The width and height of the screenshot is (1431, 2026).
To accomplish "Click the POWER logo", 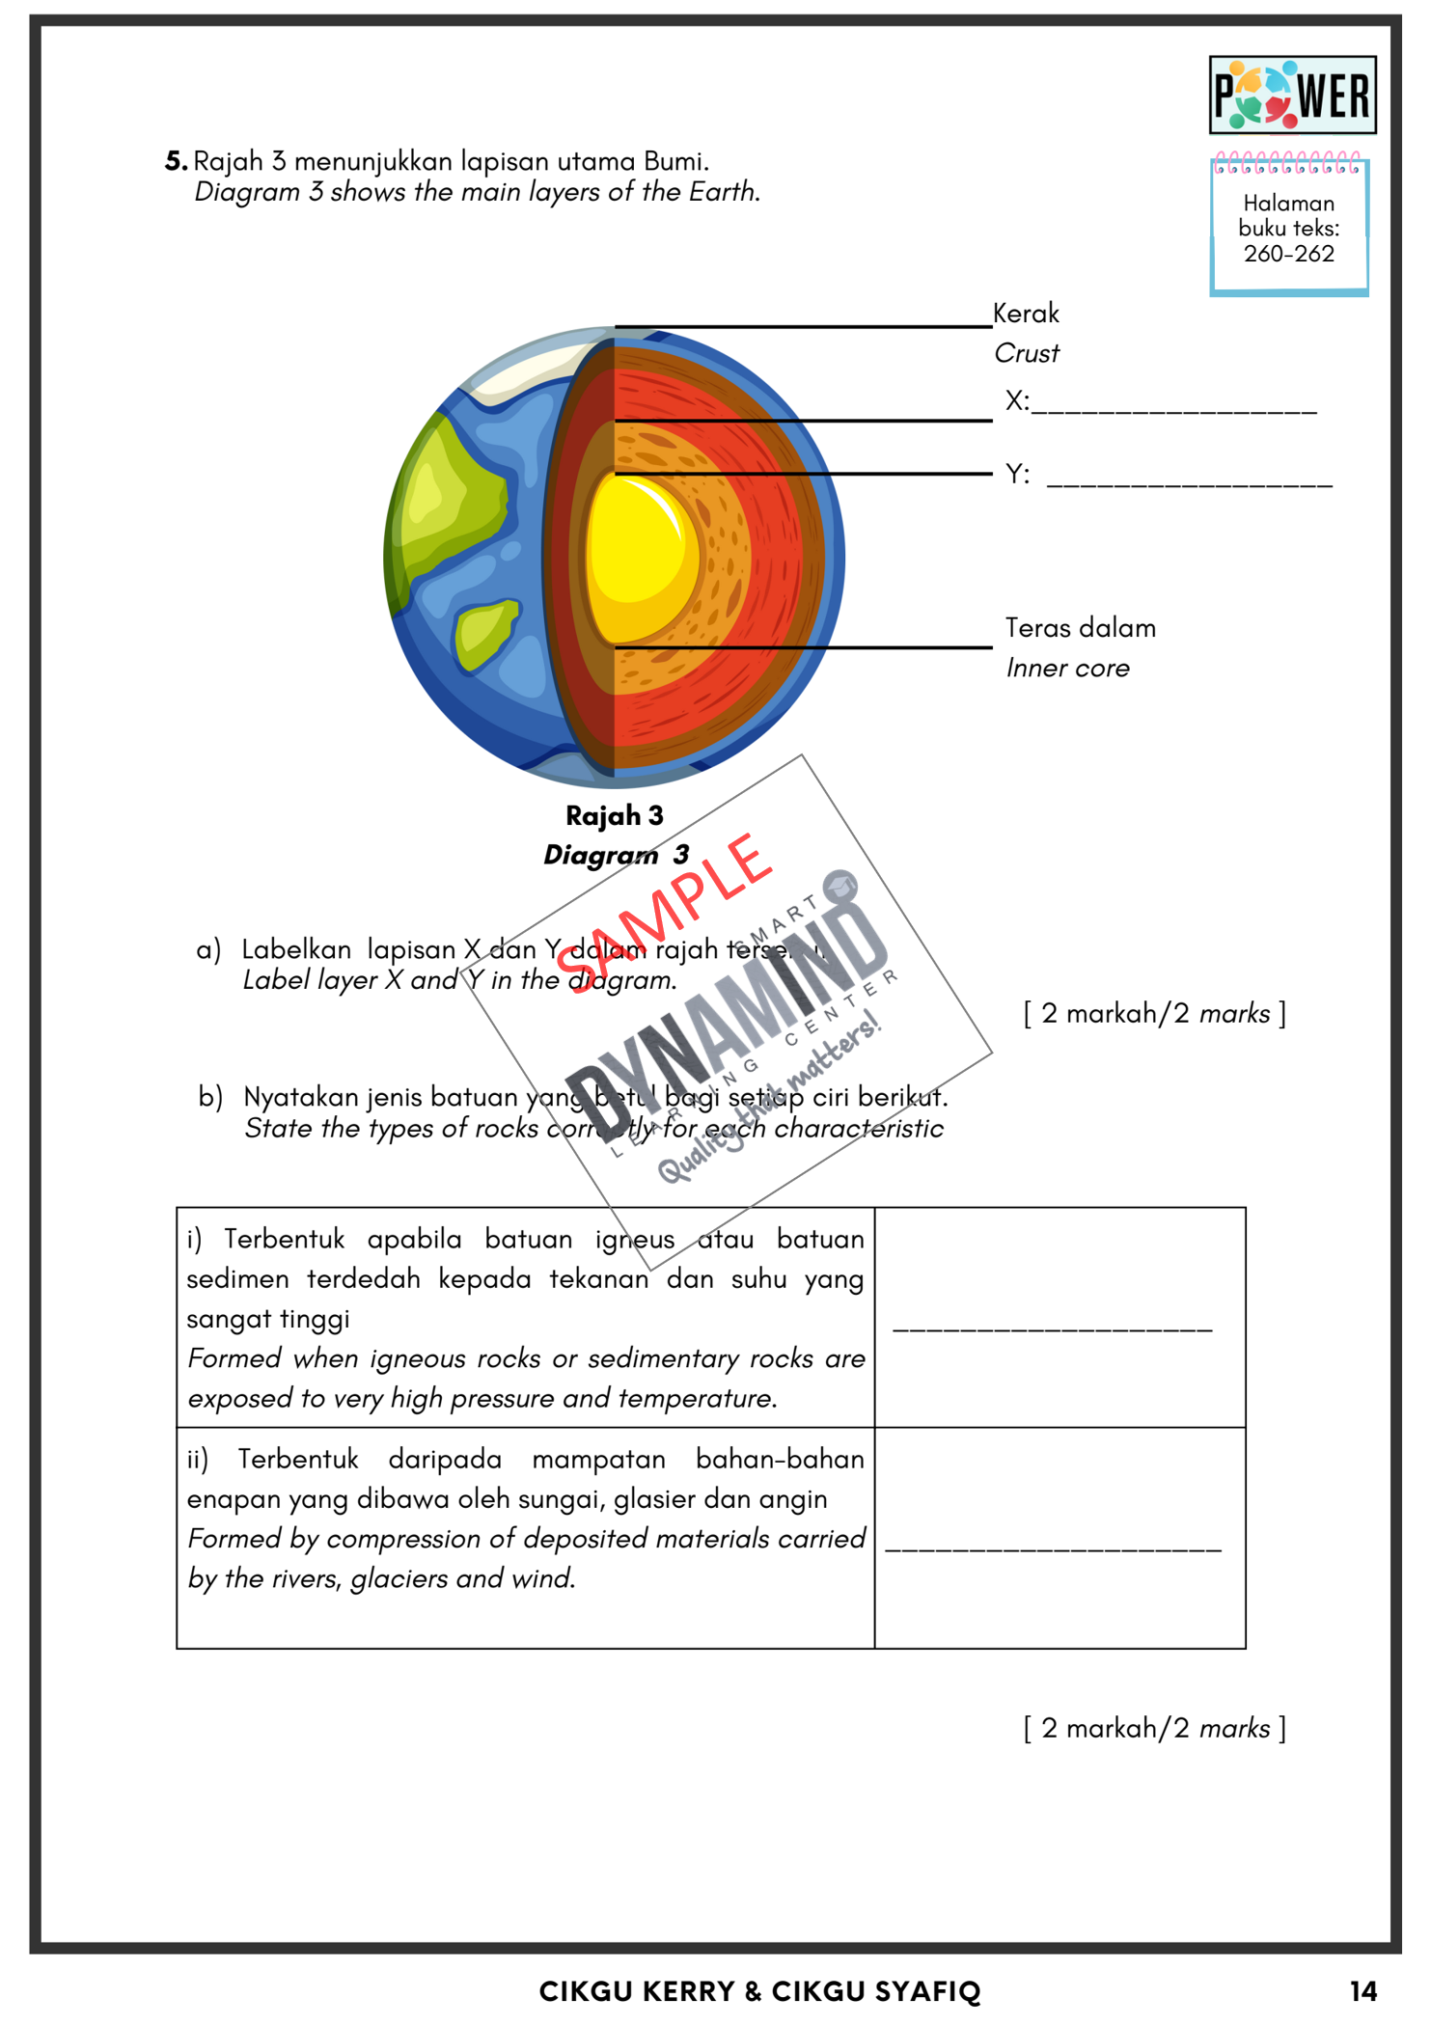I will [1292, 95].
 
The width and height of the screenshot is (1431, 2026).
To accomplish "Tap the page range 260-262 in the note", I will [1288, 254].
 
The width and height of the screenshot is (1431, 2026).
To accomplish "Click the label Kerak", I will [1026, 314].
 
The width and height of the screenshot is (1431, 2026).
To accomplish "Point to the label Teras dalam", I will [1080, 628].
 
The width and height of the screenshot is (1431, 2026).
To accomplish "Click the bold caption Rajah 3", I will [615, 816].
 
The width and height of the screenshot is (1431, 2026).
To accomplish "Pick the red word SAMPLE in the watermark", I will [666, 912].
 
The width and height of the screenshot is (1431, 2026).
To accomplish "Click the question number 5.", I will [175, 161].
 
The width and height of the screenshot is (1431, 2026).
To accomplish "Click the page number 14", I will [1362, 1991].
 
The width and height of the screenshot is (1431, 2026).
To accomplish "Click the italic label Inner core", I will [1067, 669].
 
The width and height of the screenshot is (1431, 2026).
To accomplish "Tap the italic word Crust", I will [1027, 354].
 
